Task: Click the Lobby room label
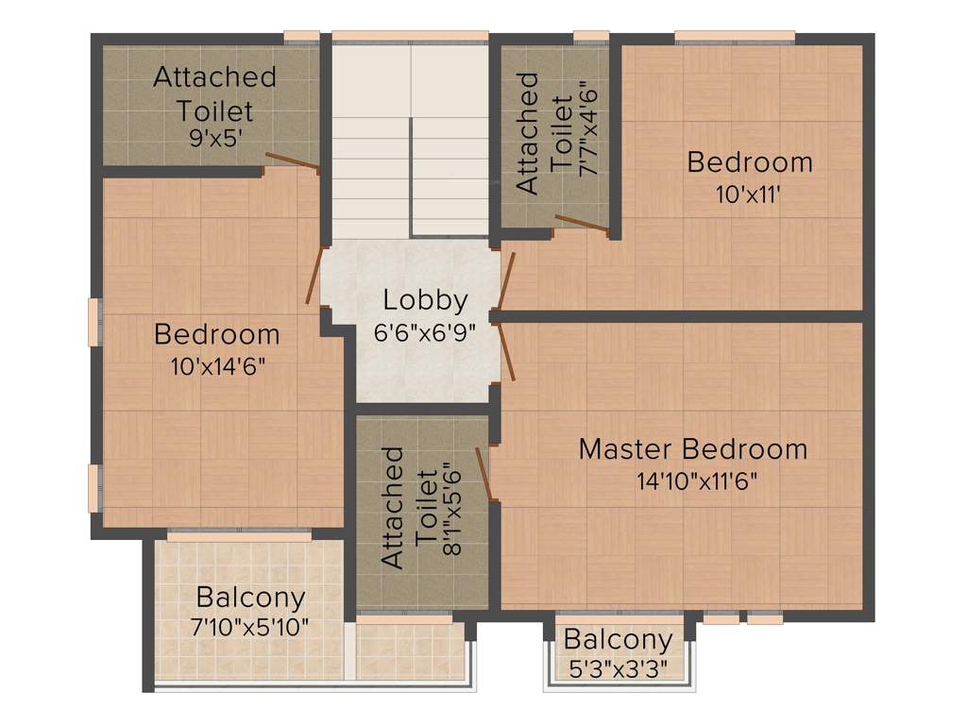(425, 301)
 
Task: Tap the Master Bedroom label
(692, 448)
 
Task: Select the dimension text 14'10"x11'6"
(697, 481)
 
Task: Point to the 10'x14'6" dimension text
(216, 366)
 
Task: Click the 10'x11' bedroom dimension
(750, 194)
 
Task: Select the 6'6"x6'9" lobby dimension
(425, 332)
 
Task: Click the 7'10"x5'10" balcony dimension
(250, 627)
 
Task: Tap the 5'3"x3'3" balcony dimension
(618, 668)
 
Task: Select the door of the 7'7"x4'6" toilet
(581, 223)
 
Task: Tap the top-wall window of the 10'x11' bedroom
(735, 37)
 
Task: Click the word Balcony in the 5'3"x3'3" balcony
(618, 640)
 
